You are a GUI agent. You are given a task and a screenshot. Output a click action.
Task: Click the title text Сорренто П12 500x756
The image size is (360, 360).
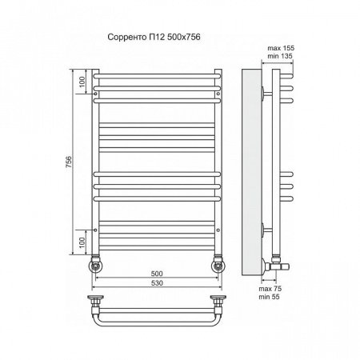coord(154,37)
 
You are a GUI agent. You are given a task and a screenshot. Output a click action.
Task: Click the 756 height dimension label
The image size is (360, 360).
coord(69,162)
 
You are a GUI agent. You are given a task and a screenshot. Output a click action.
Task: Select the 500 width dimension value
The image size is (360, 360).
coord(157,274)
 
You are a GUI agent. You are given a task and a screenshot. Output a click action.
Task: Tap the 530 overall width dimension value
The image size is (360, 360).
coord(157,283)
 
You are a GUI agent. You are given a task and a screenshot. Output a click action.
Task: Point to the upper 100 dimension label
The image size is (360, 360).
coord(82,82)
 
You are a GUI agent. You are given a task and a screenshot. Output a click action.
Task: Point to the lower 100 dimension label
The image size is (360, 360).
coord(82,242)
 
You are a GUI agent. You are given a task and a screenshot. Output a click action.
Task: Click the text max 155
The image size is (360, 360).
coord(281,48)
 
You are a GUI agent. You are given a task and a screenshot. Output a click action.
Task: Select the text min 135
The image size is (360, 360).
coord(280,56)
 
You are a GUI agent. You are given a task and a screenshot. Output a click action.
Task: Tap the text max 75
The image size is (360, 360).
coord(270,289)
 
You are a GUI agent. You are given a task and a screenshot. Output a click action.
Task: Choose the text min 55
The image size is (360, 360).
coord(269,297)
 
